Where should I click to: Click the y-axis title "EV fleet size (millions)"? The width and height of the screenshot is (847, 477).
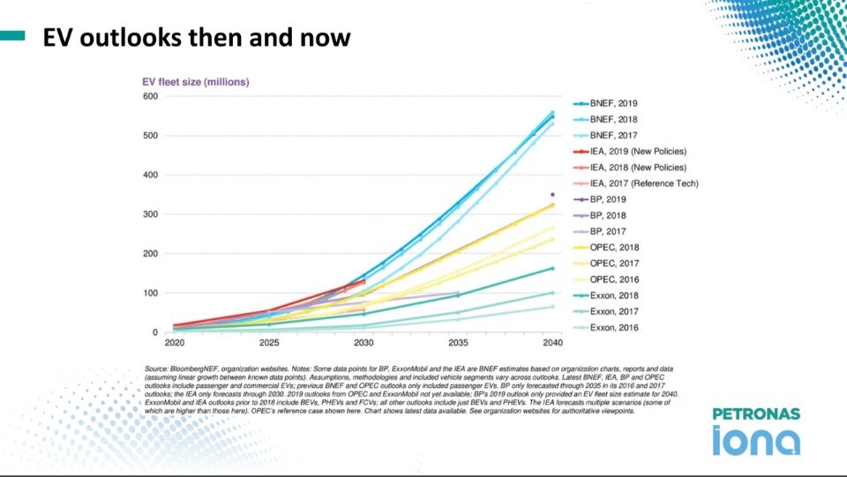pos(196,82)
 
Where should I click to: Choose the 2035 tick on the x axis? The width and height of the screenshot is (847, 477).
pos(458,342)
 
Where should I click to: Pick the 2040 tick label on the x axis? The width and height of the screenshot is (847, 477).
pos(552,342)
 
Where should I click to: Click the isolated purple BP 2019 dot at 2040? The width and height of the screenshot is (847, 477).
pos(552,194)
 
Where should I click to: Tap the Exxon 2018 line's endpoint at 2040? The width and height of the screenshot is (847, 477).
pos(552,268)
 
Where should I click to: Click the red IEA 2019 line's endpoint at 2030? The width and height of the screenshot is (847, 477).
pos(364,281)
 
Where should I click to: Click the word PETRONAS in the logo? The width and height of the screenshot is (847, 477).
pos(756,414)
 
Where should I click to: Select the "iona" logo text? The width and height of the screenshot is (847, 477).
pos(756,440)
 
